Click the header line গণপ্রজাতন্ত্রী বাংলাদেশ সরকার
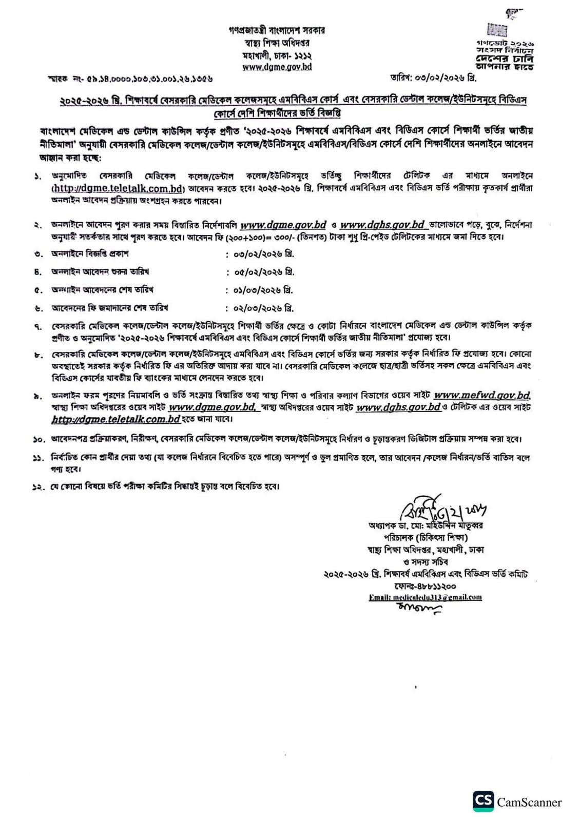[x=277, y=30]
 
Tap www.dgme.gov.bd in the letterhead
[x=277, y=67]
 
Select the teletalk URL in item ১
[x=118, y=188]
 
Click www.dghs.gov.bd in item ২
[x=383, y=225]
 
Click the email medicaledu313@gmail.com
[x=426, y=597]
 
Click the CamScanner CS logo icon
[x=483, y=801]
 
